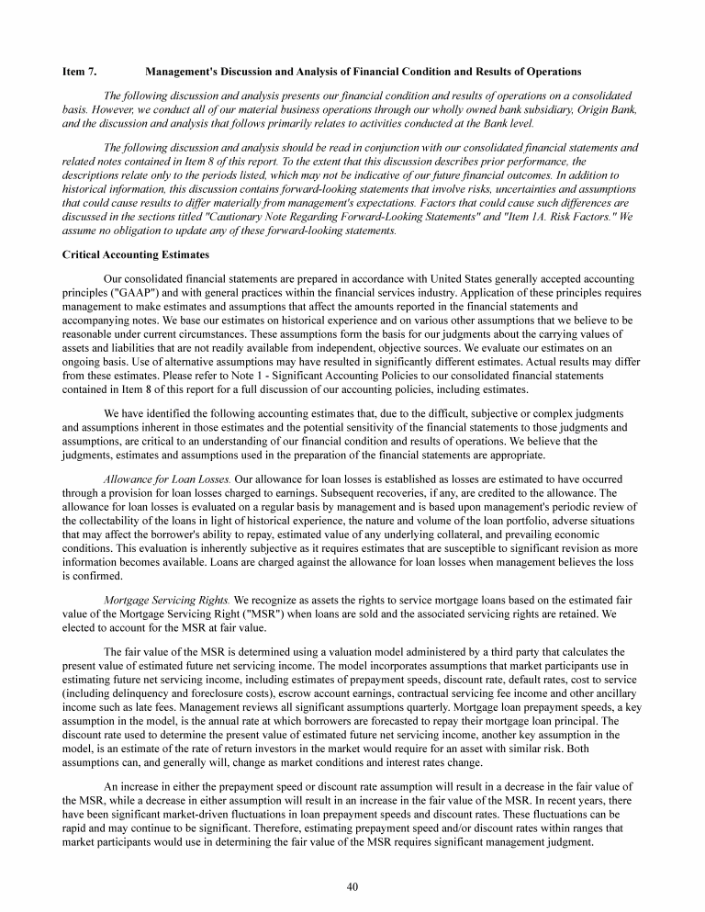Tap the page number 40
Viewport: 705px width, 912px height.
click(352, 886)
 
